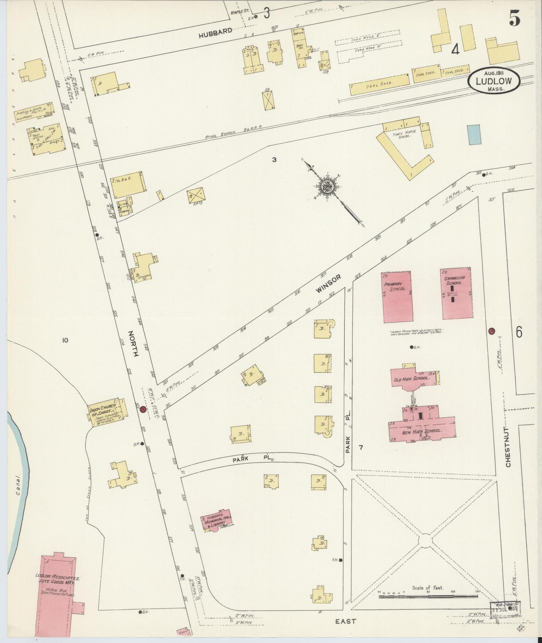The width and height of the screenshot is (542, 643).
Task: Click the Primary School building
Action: tap(397, 297)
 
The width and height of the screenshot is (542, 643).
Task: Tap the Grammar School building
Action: tap(456, 293)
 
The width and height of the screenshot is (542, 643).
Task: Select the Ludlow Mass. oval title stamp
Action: tap(494, 80)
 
